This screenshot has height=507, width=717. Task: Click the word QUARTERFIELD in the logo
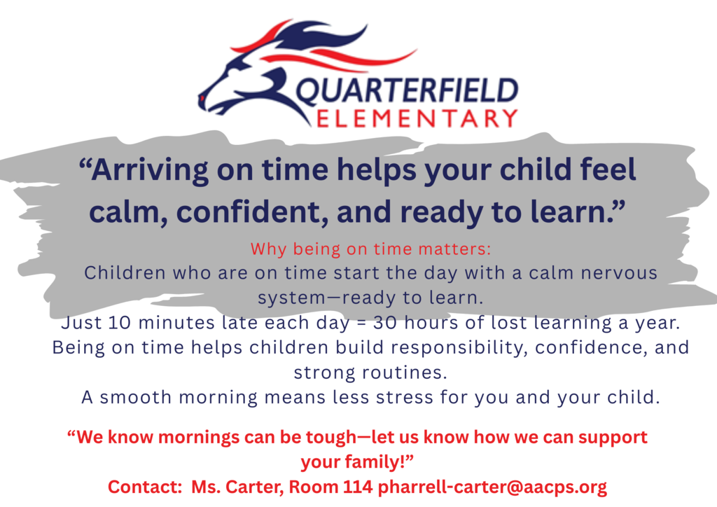[x=407, y=90]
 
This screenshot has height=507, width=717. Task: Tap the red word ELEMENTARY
[x=417, y=118]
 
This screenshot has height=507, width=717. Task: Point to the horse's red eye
[x=202, y=98]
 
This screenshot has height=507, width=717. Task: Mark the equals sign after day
[x=361, y=324]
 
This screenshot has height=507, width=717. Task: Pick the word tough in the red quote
[x=330, y=438]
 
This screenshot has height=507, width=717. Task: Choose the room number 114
[x=358, y=487]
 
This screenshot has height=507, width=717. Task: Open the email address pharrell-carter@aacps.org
[x=493, y=487]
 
